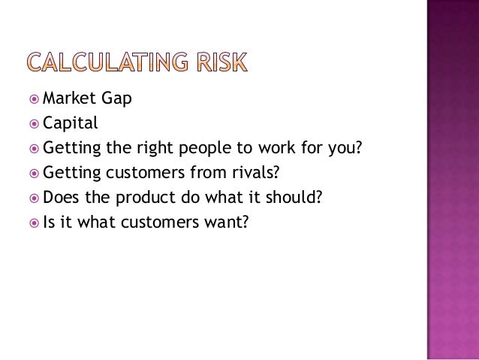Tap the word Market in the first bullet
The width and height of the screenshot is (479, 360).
click(x=67, y=97)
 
